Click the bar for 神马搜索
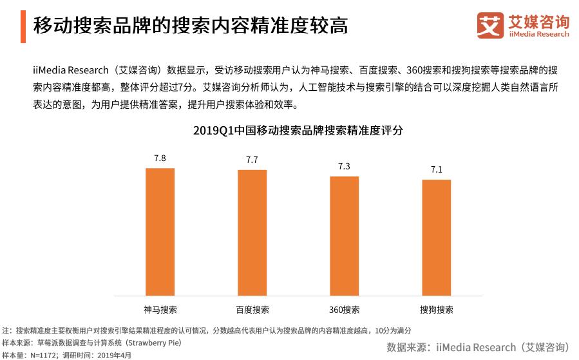point(160,232)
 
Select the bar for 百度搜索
point(252,232)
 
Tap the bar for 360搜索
point(344,236)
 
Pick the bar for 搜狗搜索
point(436,238)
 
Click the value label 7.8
point(160,158)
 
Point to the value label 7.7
point(252,160)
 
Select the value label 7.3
point(344,166)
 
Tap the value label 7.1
point(436,169)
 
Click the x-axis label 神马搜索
point(160,309)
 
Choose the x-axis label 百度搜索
point(252,309)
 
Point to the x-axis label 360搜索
point(344,309)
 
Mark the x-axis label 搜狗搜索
point(436,309)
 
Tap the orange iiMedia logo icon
point(490,25)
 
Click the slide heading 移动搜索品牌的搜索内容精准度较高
point(191,26)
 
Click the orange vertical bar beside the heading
point(23,26)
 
